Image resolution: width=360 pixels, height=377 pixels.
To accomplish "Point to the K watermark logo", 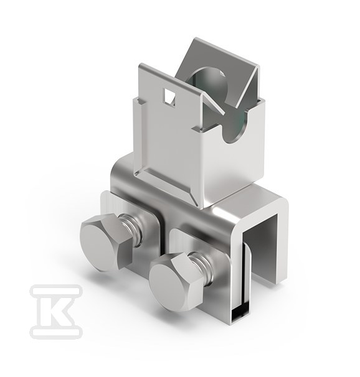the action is click(56, 310).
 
